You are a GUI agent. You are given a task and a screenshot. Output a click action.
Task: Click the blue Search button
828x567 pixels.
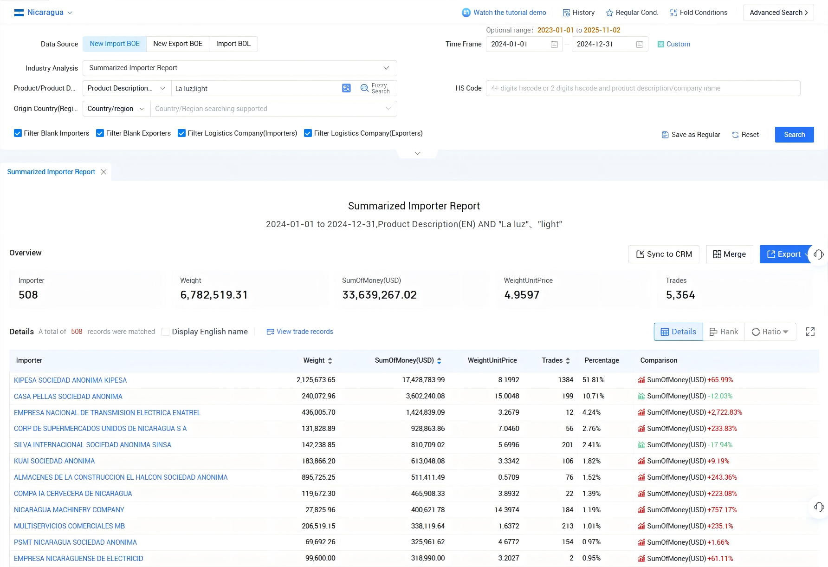coord(794,135)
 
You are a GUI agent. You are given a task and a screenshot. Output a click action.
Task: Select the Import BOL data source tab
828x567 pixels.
coord(233,44)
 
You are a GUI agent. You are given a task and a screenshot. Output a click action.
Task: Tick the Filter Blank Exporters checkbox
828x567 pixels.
coord(100,133)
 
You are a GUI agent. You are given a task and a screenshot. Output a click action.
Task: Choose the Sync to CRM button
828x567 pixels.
coord(664,254)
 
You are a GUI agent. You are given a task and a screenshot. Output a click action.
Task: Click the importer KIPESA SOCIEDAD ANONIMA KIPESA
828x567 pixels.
coord(71,380)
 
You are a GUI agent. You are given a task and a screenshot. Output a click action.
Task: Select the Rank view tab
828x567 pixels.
coord(724,332)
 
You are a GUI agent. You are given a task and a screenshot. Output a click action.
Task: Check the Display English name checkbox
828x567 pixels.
coord(165,332)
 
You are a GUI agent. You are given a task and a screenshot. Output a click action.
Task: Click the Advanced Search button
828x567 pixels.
coord(778,13)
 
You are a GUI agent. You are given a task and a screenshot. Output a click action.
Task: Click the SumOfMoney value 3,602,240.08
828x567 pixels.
coord(425,396)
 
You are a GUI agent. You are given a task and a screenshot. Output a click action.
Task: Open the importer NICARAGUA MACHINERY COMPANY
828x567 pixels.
coord(69,510)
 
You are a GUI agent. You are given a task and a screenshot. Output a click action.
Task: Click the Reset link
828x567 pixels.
coord(745,135)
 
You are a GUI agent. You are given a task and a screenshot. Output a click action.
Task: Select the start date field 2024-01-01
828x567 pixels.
coord(524,44)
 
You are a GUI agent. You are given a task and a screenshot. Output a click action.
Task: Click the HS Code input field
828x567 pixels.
coord(643,88)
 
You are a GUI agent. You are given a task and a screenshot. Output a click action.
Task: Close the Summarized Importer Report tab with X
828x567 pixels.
coord(103,172)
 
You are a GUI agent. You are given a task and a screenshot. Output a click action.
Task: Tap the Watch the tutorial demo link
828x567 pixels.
coord(504,13)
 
